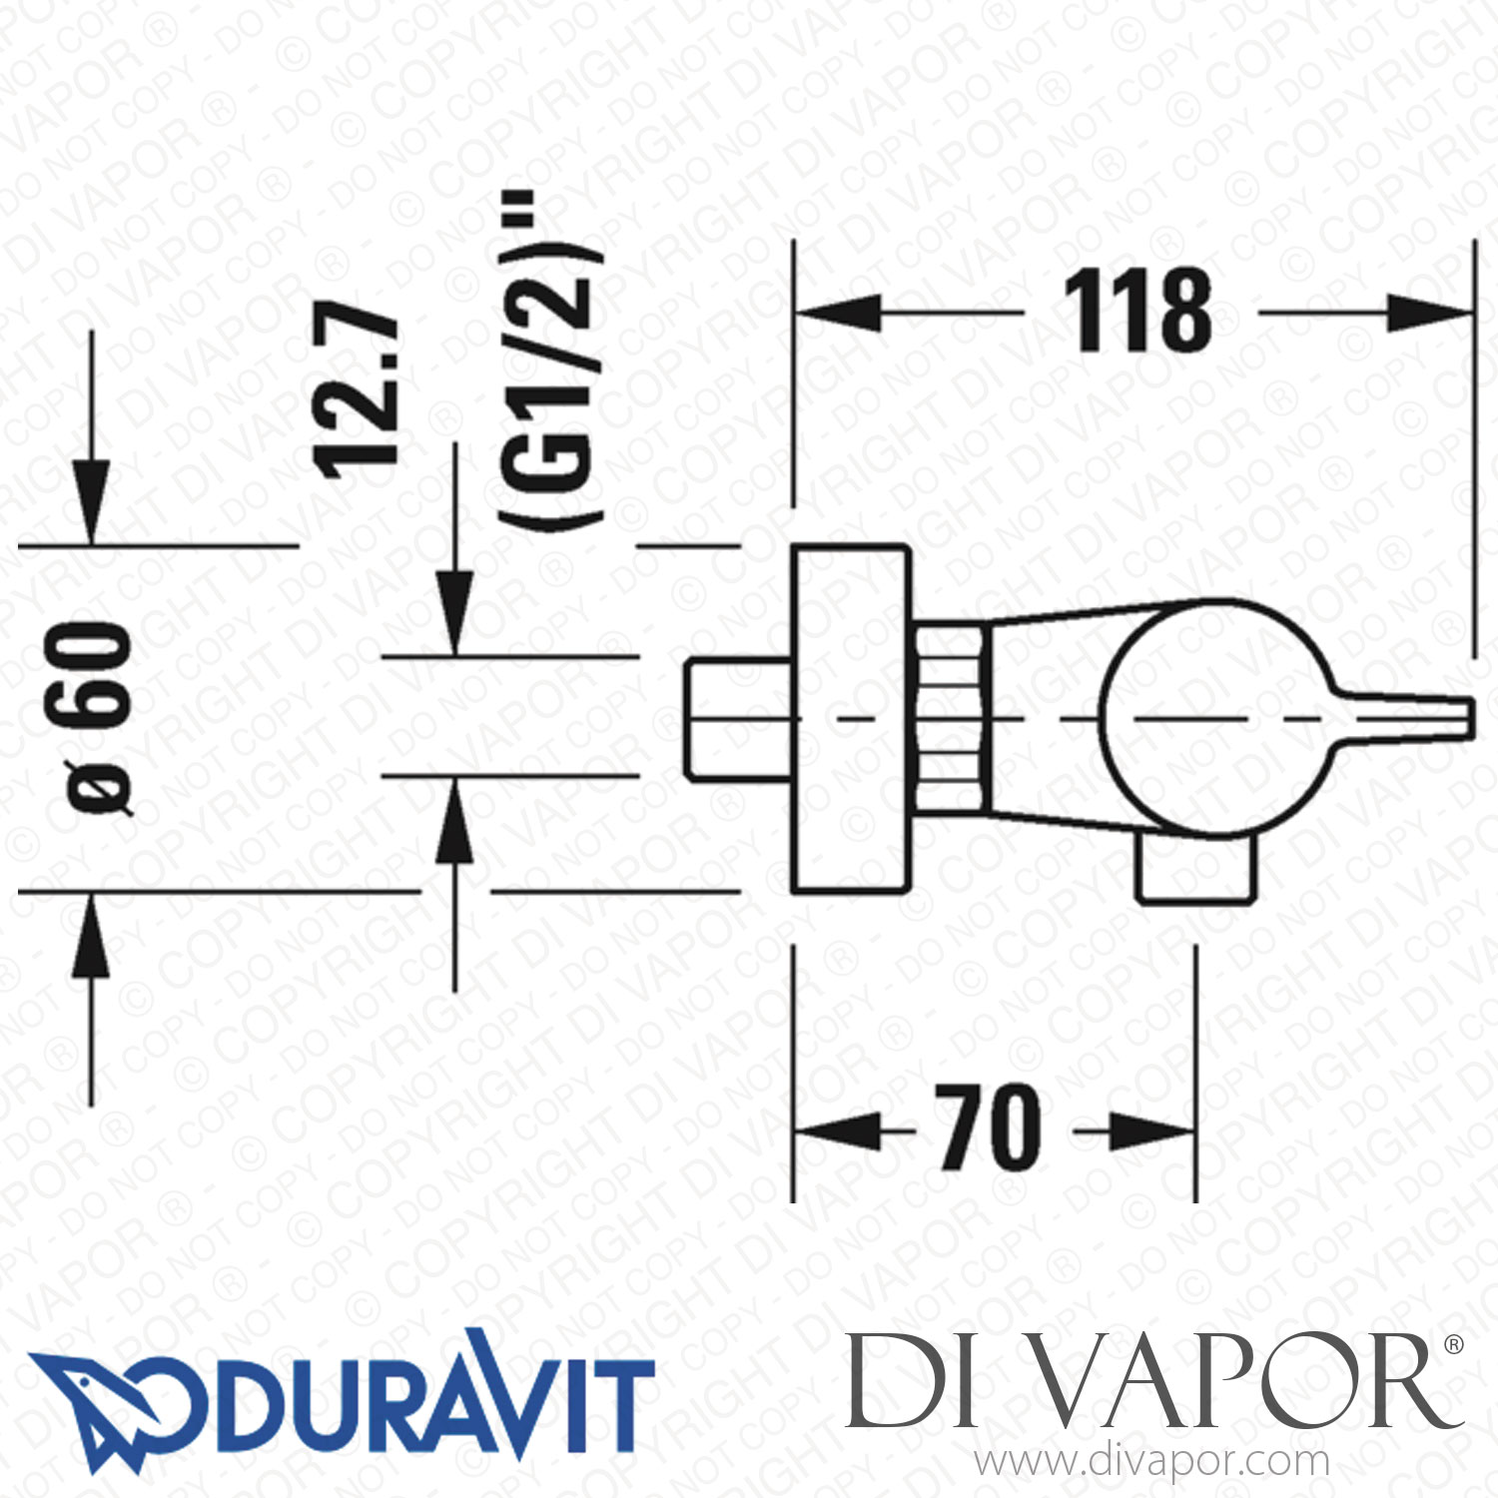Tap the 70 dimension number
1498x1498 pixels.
pos(989,1128)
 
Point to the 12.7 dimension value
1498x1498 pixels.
pos(358,389)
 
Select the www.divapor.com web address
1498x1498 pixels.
pos(1152,1461)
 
